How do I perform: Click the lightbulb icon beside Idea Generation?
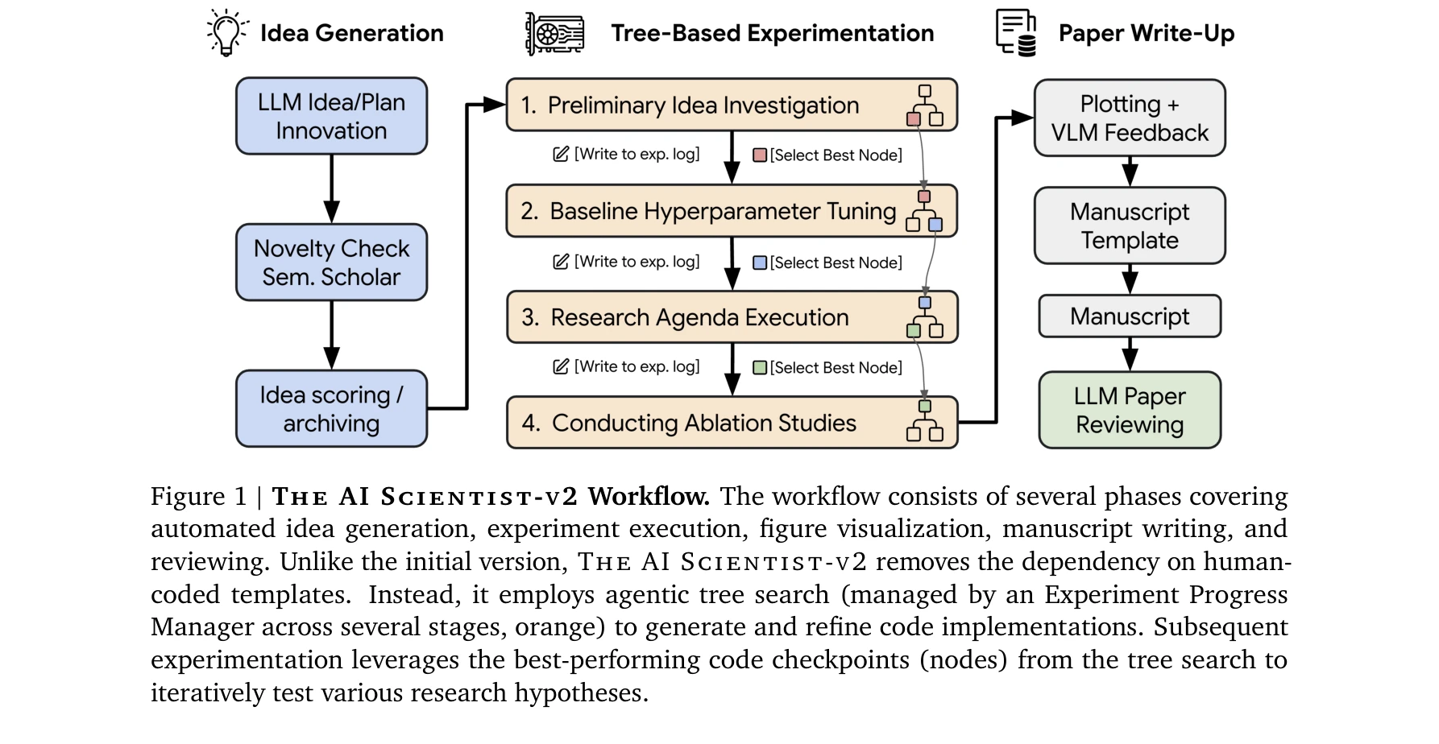click(x=227, y=33)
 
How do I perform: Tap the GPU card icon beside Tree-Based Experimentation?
click(x=555, y=34)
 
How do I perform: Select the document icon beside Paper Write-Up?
click(x=1016, y=33)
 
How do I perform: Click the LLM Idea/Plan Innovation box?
click(x=331, y=116)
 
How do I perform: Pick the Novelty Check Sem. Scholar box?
click(x=331, y=262)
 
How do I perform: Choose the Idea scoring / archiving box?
click(x=331, y=409)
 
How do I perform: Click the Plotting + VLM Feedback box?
click(x=1130, y=118)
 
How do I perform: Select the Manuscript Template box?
click(x=1130, y=225)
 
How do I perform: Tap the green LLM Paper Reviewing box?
click(x=1130, y=410)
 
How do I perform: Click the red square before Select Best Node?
click(x=759, y=155)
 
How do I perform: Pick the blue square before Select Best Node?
click(x=759, y=262)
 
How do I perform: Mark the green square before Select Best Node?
click(x=759, y=368)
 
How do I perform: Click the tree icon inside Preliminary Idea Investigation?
click(x=924, y=105)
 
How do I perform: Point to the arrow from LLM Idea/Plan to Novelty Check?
click(x=331, y=188)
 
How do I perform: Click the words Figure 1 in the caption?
click(x=198, y=496)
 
